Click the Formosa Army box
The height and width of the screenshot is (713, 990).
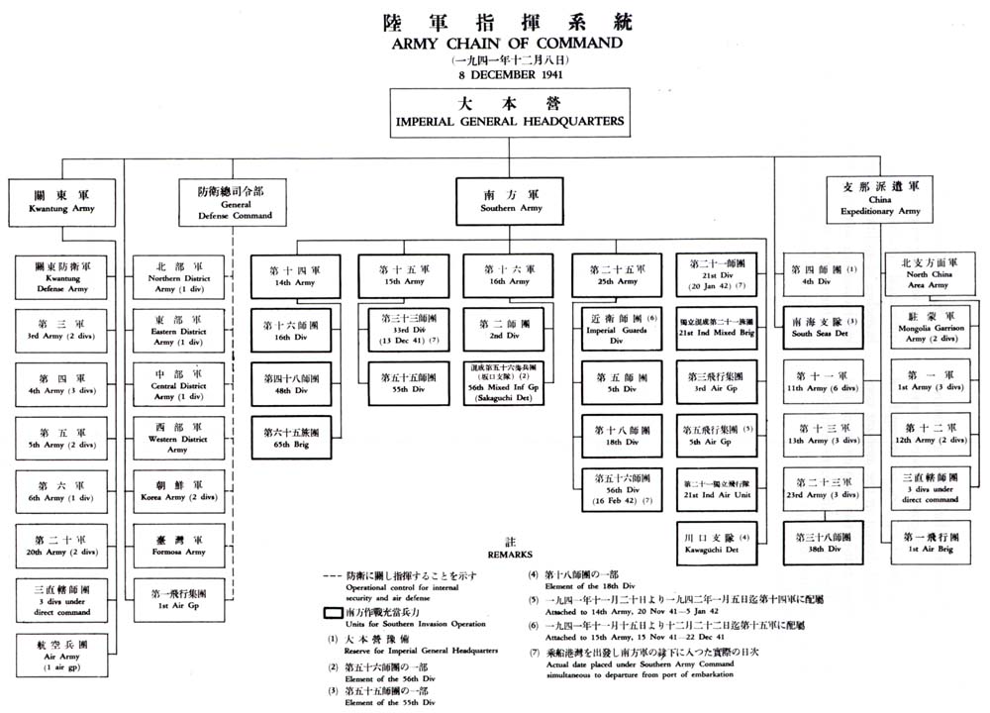(179, 544)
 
